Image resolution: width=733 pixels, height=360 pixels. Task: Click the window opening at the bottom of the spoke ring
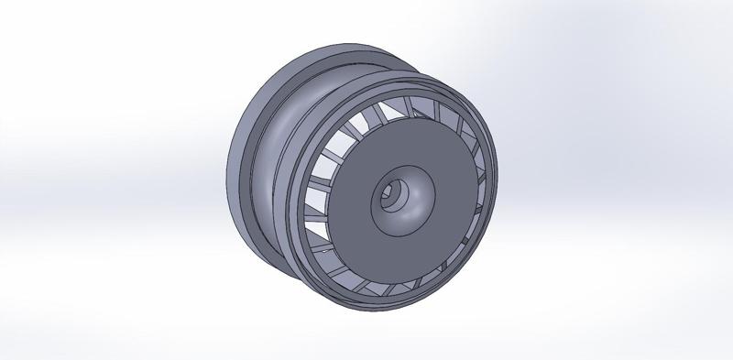pos(385,285)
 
